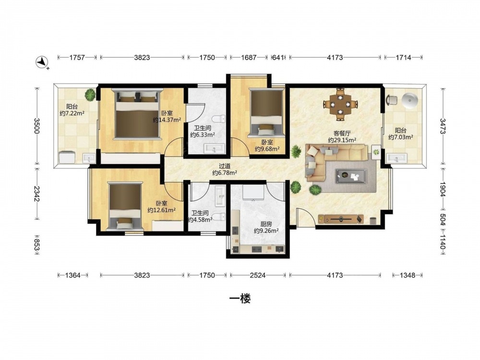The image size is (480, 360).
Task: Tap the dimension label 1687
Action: point(249,57)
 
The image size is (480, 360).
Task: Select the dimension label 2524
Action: point(257,275)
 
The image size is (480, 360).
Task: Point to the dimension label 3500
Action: point(37,126)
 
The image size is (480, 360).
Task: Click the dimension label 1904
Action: point(443,190)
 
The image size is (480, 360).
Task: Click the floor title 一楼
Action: point(240,299)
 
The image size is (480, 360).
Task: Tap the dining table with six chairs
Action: point(340,104)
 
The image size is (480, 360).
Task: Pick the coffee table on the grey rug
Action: point(351,176)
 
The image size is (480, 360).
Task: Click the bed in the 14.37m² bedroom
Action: point(137,114)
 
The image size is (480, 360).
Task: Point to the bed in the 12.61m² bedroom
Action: point(125,206)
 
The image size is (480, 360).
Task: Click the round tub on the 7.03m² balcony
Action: point(409,100)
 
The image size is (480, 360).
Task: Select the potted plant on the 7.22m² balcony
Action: point(90,95)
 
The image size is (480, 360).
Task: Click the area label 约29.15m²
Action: point(342,140)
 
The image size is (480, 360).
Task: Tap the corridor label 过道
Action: point(225,166)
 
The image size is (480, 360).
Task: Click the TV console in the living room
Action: point(341,219)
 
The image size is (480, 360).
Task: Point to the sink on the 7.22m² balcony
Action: point(89,158)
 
